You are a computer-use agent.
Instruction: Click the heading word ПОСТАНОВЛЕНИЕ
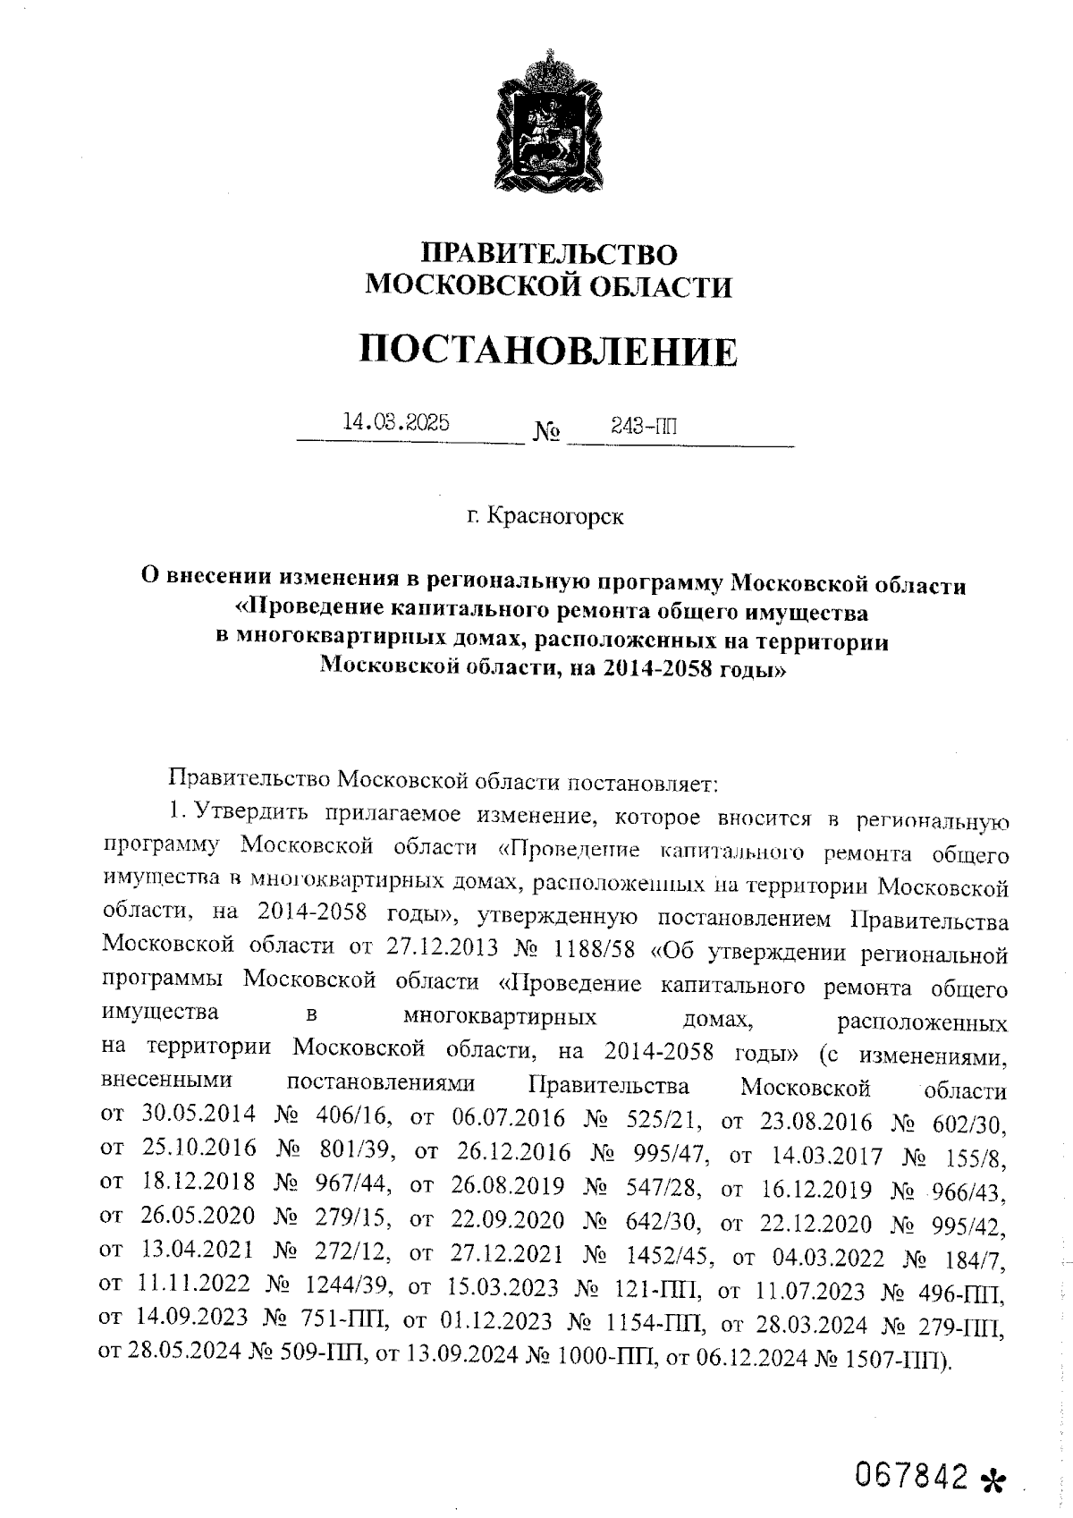point(549,351)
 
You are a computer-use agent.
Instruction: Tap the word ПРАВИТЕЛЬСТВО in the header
point(549,254)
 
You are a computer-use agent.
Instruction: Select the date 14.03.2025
point(395,422)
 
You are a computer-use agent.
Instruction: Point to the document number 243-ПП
point(643,425)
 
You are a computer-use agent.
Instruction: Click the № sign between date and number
point(547,433)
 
